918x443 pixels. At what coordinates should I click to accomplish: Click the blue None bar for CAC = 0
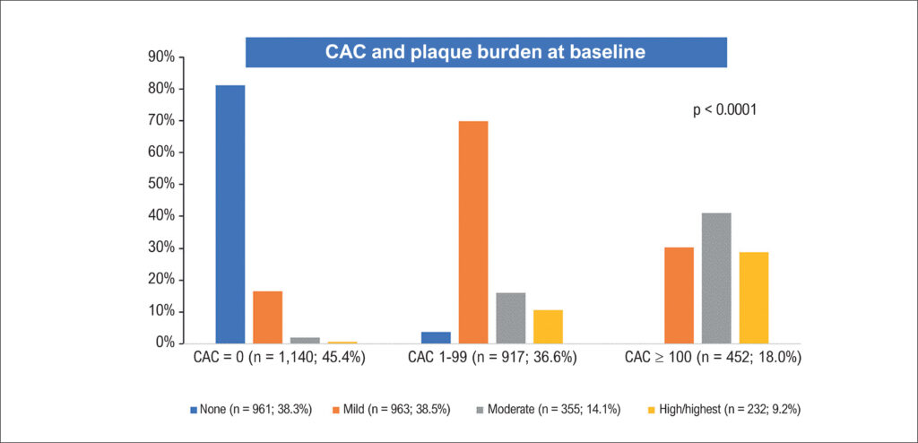(x=230, y=214)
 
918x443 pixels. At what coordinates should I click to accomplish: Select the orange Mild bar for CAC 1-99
(x=473, y=232)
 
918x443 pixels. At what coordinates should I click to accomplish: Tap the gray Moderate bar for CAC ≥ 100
(x=716, y=278)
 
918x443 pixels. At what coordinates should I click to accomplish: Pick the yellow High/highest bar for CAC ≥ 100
(x=753, y=298)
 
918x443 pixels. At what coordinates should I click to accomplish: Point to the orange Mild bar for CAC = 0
(x=267, y=317)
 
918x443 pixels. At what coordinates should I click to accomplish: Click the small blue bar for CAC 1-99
(x=437, y=337)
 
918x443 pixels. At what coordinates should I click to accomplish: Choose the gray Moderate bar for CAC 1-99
(x=510, y=317)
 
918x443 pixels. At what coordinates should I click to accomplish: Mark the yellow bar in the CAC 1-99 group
(x=548, y=326)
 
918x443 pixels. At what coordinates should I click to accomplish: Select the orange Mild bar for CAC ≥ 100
(x=680, y=295)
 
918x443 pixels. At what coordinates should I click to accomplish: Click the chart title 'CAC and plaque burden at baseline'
(x=485, y=52)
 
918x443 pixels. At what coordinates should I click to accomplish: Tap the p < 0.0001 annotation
(x=724, y=109)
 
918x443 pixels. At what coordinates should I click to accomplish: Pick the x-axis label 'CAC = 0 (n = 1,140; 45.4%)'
(x=280, y=358)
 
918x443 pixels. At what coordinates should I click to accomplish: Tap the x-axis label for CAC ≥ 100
(x=712, y=358)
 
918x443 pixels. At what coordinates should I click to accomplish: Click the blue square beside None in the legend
(x=194, y=410)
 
